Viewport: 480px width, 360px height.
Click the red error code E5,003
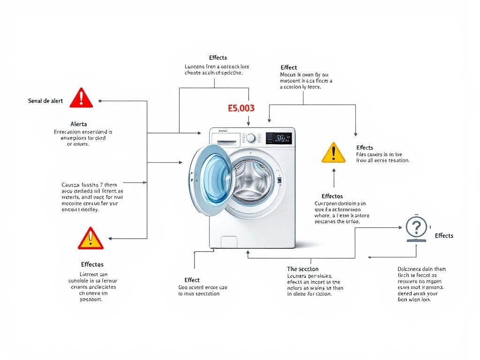(x=241, y=108)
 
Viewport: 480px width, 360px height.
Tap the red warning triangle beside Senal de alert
(x=81, y=98)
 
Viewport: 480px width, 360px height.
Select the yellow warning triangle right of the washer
(x=333, y=153)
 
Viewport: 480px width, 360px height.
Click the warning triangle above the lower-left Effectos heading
(x=90, y=239)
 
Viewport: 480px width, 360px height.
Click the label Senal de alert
(x=45, y=101)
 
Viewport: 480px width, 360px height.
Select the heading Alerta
(x=78, y=124)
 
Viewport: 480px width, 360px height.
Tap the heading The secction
(x=303, y=269)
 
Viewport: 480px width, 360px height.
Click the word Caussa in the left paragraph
(x=71, y=185)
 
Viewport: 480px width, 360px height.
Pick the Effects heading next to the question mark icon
(x=444, y=236)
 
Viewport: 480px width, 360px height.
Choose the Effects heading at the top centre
(x=218, y=58)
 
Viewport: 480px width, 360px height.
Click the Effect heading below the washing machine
(x=192, y=280)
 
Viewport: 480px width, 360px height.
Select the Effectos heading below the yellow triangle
(x=332, y=196)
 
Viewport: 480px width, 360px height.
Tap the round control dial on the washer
(x=251, y=138)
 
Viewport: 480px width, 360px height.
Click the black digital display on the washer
(x=279, y=138)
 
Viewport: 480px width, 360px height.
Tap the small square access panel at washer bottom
(x=229, y=242)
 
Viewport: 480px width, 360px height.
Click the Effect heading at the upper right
(x=288, y=67)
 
